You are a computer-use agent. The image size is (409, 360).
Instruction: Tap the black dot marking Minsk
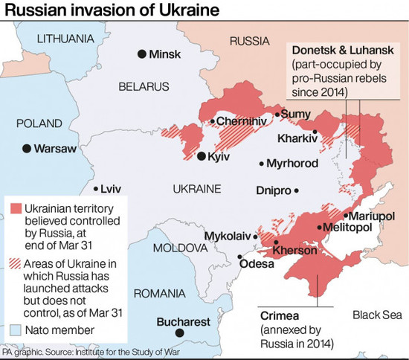141,54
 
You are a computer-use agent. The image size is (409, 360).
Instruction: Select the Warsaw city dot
27,149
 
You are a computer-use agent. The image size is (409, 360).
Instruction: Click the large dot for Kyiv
202,156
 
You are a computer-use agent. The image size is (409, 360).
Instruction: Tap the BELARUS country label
144,87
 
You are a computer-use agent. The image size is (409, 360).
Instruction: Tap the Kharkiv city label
297,138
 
